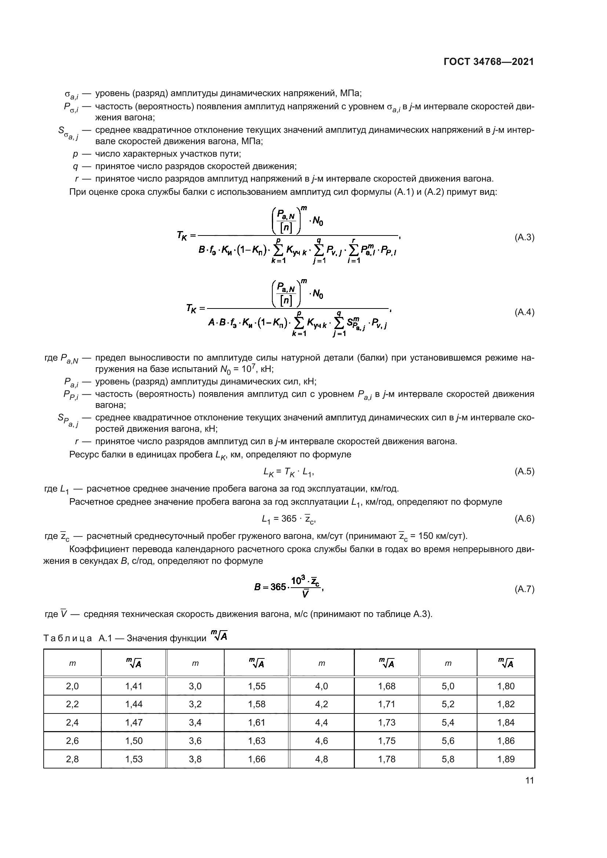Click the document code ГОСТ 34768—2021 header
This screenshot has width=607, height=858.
pyautogui.click(x=488, y=62)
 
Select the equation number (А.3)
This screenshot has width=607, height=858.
pyautogui.click(x=524, y=237)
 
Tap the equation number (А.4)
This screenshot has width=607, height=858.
pyautogui.click(x=524, y=312)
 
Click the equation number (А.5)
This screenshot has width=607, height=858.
pyautogui.click(x=524, y=472)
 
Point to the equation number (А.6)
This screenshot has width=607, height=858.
pyautogui.click(x=524, y=519)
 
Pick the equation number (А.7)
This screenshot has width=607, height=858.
pyautogui.click(x=524, y=589)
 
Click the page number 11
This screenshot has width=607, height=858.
pyautogui.click(x=529, y=780)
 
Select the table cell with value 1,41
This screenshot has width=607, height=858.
pyautogui.click(x=134, y=686)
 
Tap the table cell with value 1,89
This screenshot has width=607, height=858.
pyautogui.click(x=506, y=759)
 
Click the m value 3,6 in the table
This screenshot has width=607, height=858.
pyautogui.click(x=195, y=741)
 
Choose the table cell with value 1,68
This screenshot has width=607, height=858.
pyautogui.click(x=386, y=686)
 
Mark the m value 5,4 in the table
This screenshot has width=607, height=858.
pyautogui.click(x=448, y=722)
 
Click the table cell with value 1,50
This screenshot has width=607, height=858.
pyautogui.click(x=134, y=741)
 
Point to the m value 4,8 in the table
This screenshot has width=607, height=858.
pyautogui.click(x=321, y=759)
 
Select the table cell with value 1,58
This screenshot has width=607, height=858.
pyautogui.click(x=257, y=704)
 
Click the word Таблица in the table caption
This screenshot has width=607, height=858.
pyautogui.click(x=68, y=638)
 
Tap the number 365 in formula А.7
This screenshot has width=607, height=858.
pyautogui.click(x=278, y=587)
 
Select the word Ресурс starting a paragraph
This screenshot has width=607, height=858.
pyautogui.click(x=83, y=455)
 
